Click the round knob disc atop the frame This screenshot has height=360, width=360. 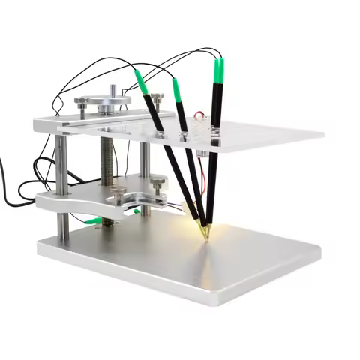tap(112, 102)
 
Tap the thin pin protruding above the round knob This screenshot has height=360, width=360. tap(113, 89)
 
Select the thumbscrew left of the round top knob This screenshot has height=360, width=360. tap(81, 101)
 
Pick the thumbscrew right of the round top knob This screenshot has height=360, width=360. tap(157, 98)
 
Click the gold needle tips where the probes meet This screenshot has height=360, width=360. tap(204, 229)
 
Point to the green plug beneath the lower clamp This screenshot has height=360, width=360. tap(93, 220)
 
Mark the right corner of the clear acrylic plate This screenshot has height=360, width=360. tap(322, 136)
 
